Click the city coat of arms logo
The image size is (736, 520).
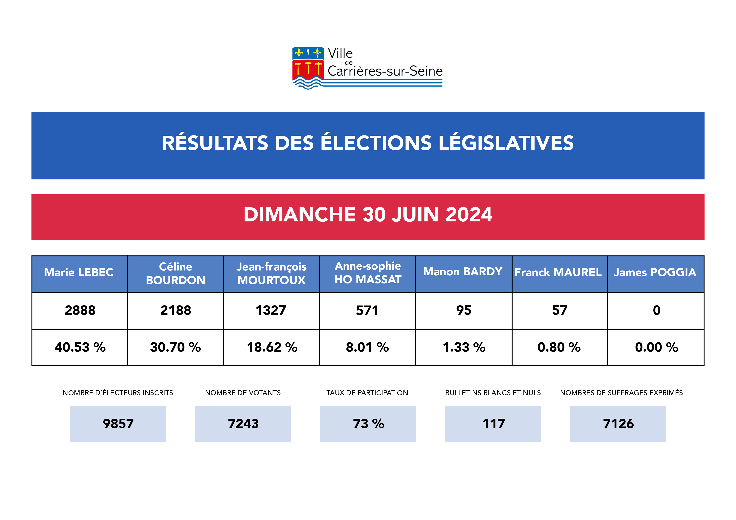point(308,68)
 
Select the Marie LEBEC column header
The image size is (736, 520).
point(79,272)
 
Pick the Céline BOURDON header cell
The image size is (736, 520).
point(175,274)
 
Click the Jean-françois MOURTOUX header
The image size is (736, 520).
point(271,274)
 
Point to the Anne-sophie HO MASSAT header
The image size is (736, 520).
point(368,273)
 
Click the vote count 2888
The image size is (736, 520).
point(80,311)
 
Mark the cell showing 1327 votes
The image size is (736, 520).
point(271,311)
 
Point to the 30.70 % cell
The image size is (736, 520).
point(175,347)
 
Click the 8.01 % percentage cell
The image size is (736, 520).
point(367,347)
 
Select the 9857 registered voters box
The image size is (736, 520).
point(118,424)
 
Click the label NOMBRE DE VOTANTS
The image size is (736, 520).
point(243,393)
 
